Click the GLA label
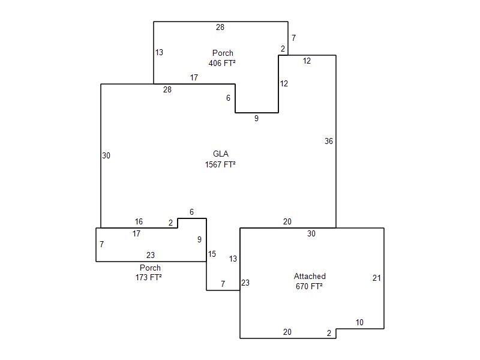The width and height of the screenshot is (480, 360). pos(221,154)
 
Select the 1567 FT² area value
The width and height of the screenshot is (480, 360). pos(220,164)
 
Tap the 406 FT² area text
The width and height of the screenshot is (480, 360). pos(222,62)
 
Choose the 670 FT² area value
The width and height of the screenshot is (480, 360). pos(310,286)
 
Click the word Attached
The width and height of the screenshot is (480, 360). pos(310,277)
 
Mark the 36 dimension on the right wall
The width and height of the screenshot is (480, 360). pos(329,142)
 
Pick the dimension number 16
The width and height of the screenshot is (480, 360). pos(139,222)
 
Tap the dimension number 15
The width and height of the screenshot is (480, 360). pos(212,254)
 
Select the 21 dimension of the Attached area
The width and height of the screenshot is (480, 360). pos(377,278)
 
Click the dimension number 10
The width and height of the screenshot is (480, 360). pos(359,323)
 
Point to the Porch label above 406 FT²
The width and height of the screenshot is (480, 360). pos(223,53)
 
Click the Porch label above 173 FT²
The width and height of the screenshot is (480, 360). pos(150,268)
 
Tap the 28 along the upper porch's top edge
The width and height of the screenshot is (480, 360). pos(220,27)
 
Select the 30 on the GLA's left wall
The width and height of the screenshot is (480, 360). pos(106,155)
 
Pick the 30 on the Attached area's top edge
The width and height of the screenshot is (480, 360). pos(311,234)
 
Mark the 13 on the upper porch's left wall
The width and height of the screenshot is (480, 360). pos(159,53)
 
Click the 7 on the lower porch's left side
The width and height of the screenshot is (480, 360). pos(102,245)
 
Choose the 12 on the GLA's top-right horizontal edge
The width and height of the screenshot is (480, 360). pos(307,61)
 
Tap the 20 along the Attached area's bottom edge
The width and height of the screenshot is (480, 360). pos(287,332)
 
